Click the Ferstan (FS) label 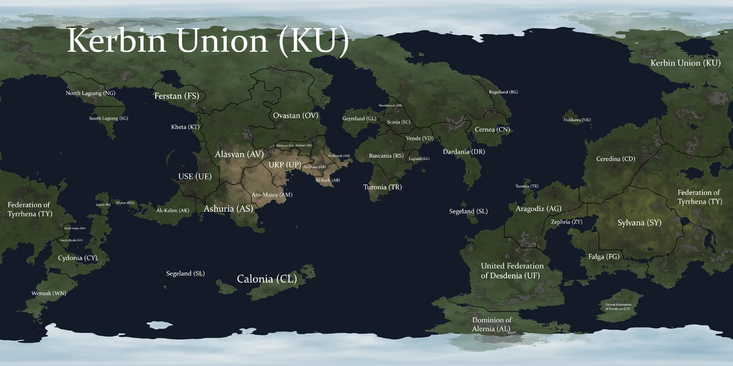coord(177,96)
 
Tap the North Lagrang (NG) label coord(90,93)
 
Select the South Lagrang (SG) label coord(109,118)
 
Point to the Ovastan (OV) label coord(296,115)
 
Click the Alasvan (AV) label coord(239,155)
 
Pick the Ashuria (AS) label coord(228,209)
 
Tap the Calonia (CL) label coord(267,279)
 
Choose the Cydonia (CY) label coord(78,258)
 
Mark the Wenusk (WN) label coord(49,293)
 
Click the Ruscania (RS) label coord(386,156)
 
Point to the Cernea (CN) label coord(492,129)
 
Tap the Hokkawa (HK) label coord(577,120)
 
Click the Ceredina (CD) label coord(616,159)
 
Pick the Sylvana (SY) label coord(640,223)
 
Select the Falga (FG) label coord(604,257)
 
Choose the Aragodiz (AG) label coord(538,209)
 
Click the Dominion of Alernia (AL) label coord(492,325)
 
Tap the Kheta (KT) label coord(185,127)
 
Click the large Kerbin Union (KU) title coord(208,41)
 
